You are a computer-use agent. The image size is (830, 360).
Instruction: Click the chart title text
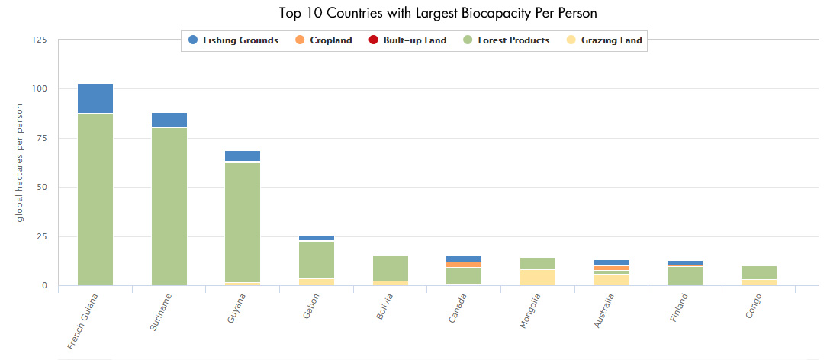[415, 13]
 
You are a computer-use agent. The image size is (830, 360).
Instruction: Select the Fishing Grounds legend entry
[233, 40]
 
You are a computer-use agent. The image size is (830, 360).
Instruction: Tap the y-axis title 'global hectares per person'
[20, 162]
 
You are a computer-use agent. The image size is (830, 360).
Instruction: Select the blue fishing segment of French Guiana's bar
[95, 98]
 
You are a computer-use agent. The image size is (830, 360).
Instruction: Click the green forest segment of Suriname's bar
[169, 206]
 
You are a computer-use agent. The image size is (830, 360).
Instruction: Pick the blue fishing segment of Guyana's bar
[243, 156]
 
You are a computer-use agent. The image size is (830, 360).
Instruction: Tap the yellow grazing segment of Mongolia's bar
[537, 278]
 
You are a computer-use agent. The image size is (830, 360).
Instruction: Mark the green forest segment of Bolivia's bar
[390, 268]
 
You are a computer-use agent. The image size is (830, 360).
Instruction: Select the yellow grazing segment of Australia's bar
[611, 280]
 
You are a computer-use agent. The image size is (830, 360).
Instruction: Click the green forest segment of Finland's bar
[684, 275]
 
